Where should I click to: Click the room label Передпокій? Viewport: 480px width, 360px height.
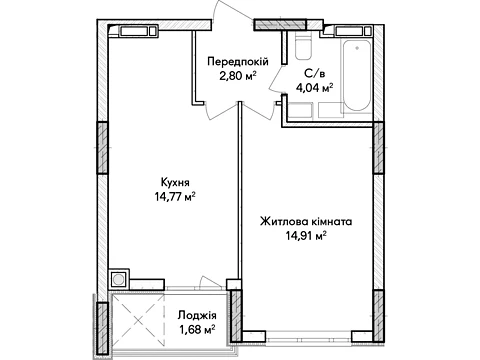point(238,62)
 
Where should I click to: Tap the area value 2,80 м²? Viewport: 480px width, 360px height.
point(238,76)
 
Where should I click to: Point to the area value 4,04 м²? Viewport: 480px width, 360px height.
point(315,88)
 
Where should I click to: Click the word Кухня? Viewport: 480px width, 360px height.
point(175,183)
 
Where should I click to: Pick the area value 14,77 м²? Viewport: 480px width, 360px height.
point(175,197)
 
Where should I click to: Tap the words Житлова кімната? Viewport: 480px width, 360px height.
point(306,222)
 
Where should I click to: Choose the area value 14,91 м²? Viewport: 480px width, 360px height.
point(306,236)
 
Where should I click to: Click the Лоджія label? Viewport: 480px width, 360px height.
point(197,315)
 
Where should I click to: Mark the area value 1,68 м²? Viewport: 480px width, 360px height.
point(197,330)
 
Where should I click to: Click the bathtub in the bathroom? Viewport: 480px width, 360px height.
point(357,76)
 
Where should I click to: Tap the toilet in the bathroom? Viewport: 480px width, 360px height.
point(303,46)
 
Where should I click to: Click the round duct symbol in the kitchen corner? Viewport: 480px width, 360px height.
point(118,279)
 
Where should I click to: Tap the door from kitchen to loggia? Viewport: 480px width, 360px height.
point(209,283)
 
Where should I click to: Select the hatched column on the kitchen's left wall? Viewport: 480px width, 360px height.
point(102,148)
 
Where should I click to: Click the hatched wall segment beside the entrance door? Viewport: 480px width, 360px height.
point(280,25)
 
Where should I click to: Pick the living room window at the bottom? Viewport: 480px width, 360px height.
point(309,338)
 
